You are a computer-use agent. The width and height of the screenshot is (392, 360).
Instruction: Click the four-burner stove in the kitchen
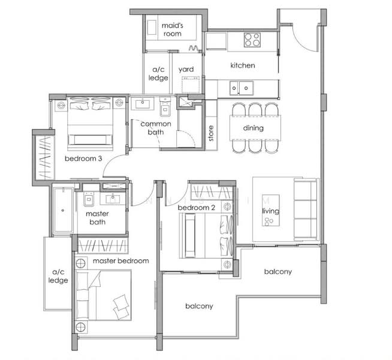252,40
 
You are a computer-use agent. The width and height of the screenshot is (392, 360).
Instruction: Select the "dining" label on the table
254,128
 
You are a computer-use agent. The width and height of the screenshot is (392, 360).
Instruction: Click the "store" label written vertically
211,133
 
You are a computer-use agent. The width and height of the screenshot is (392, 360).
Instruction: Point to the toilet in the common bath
165,107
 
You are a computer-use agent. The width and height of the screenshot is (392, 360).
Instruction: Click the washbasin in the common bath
143,104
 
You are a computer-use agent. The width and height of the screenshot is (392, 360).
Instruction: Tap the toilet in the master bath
89,199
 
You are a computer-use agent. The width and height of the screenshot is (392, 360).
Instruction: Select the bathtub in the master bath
63,210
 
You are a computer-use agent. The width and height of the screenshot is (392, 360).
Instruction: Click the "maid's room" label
173,29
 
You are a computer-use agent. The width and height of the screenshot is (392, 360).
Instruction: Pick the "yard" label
186,69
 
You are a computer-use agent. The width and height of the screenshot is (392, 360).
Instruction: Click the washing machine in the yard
191,85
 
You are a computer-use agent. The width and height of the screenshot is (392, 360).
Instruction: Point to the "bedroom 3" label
83,158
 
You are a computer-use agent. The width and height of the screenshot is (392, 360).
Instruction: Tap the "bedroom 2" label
196,208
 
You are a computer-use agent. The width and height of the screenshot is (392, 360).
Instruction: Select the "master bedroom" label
120,261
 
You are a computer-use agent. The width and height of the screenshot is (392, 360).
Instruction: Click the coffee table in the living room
270,210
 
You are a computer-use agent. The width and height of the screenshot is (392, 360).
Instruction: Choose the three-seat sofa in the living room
306,209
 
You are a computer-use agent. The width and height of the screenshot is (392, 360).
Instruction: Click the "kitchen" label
243,65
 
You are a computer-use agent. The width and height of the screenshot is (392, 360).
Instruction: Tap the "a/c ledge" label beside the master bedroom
58,276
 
